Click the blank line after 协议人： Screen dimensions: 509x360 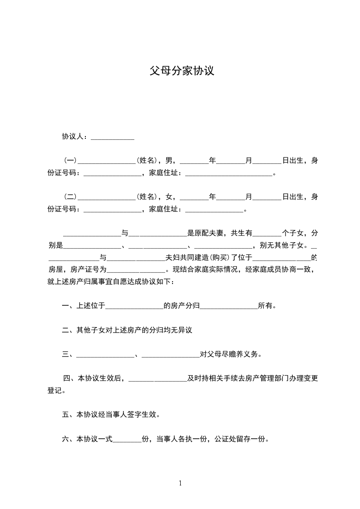tap(113, 137)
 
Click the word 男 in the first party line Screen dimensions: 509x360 tap(169, 160)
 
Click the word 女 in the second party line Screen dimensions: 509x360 tap(169, 196)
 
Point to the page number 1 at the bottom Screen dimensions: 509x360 tap(180, 483)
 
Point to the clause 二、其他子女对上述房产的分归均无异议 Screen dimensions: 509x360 tap(127, 330)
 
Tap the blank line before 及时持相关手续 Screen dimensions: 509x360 tap(158, 379)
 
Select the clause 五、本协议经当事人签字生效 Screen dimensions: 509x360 tap(110, 415)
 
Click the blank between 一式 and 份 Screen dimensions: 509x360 tap(127, 440)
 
